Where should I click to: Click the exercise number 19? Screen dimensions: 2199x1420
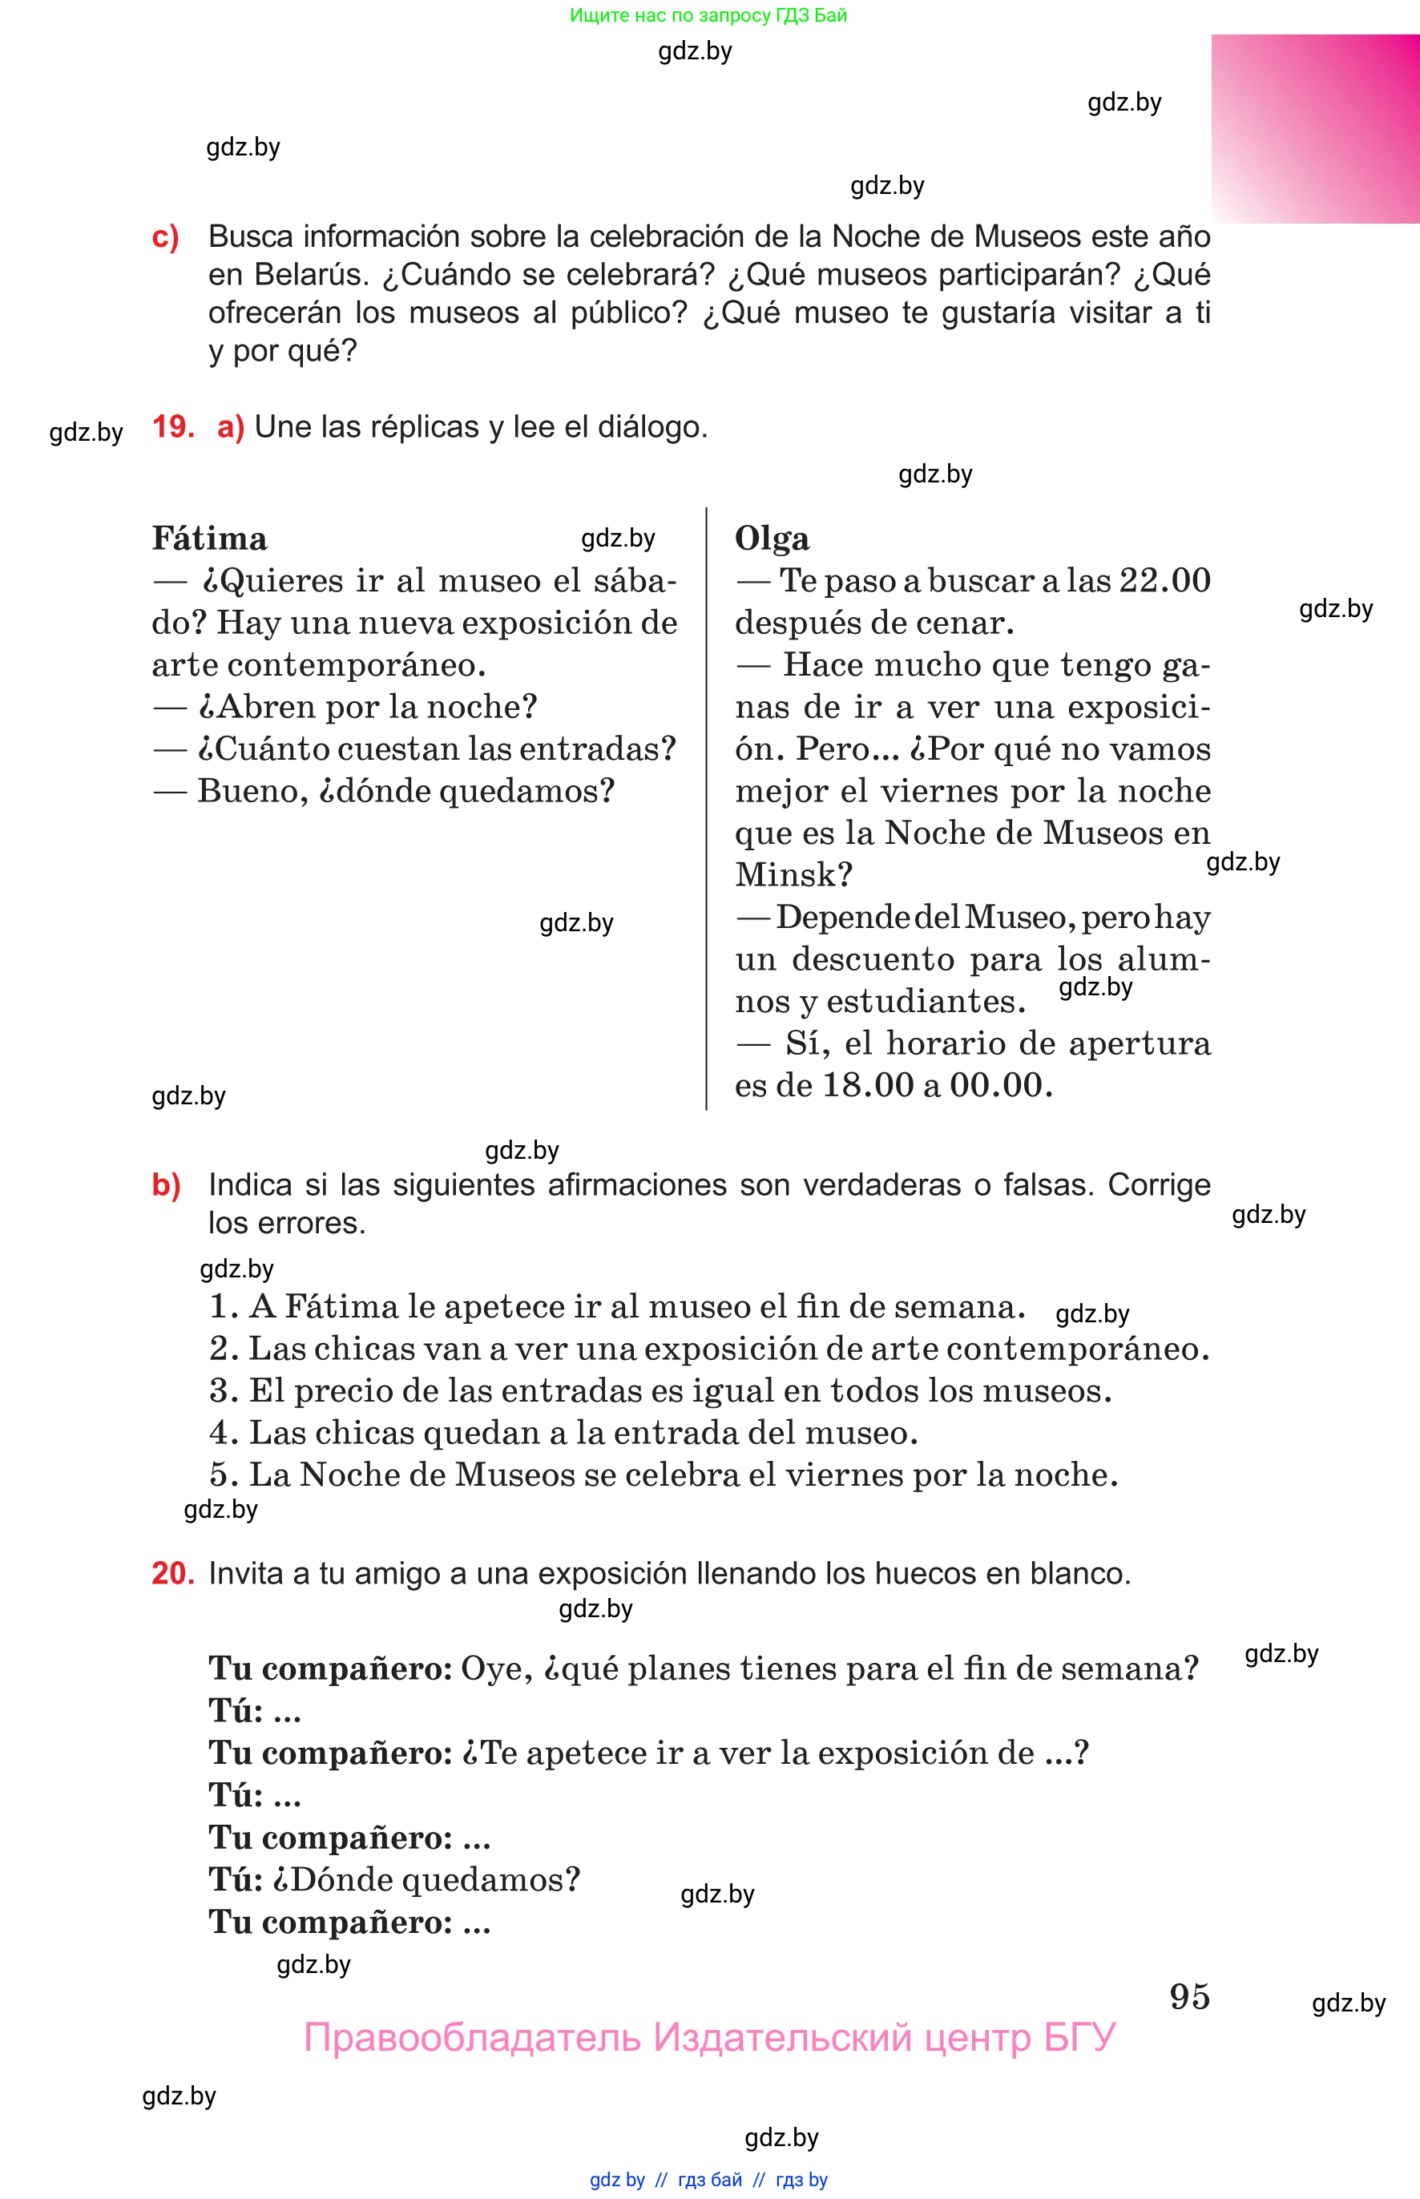click(172, 427)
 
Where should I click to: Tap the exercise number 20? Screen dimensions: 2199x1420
click(172, 1573)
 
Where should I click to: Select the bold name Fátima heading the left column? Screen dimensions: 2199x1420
click(209, 539)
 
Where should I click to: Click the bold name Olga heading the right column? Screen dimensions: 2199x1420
click(772, 539)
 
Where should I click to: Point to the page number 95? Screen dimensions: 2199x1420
click(1189, 1997)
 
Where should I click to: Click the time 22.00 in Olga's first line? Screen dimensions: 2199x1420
click(1164, 581)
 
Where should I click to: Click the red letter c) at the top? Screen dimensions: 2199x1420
click(165, 237)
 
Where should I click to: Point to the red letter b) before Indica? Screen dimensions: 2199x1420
click(166, 1184)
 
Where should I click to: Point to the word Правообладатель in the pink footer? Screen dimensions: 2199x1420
click(471, 2038)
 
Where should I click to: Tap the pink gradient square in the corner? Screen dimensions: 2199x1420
click(1315, 128)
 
